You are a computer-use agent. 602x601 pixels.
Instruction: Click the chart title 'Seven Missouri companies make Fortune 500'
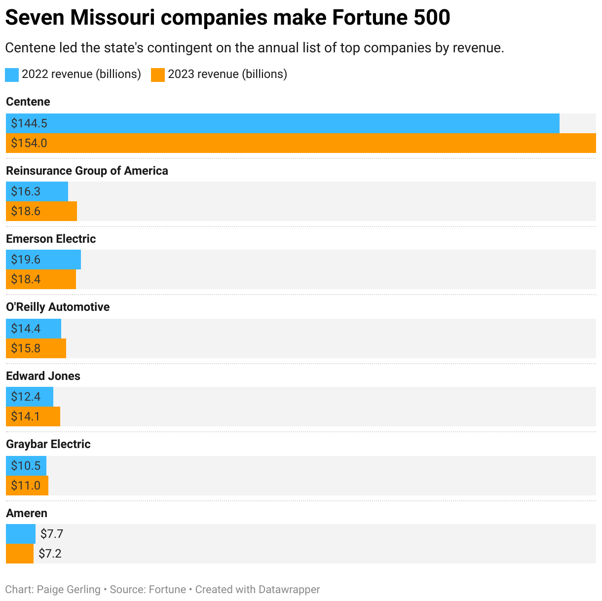pos(227,18)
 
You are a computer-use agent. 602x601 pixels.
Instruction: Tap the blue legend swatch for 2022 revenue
pos(12,75)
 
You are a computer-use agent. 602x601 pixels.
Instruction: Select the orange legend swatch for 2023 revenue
pos(157,75)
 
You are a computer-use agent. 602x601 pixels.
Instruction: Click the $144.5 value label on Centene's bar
pos(29,123)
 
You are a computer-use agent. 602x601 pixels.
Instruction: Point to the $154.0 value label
pos(29,143)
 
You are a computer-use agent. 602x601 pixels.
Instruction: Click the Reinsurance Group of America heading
pos(87,171)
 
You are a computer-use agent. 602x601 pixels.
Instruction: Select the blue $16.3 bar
pos(37,191)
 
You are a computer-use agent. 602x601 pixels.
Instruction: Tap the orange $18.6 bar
pos(41,211)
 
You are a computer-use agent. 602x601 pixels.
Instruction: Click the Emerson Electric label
pos(51,239)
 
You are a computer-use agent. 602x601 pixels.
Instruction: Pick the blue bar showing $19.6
pos(43,260)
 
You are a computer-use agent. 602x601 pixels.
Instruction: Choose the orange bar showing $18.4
pos(41,279)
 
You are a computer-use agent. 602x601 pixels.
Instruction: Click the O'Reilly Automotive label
pos(58,307)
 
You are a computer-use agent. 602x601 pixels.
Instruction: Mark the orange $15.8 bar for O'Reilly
pos(36,348)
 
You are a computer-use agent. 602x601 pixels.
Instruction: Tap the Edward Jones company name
pos(43,376)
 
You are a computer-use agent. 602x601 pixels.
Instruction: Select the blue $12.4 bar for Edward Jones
pos(30,397)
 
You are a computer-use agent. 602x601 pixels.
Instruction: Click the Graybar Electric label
pos(48,444)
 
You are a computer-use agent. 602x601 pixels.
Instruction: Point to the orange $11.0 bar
pos(27,486)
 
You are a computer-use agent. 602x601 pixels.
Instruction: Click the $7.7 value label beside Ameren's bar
pos(52,534)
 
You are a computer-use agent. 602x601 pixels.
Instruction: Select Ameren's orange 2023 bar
pos(20,554)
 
